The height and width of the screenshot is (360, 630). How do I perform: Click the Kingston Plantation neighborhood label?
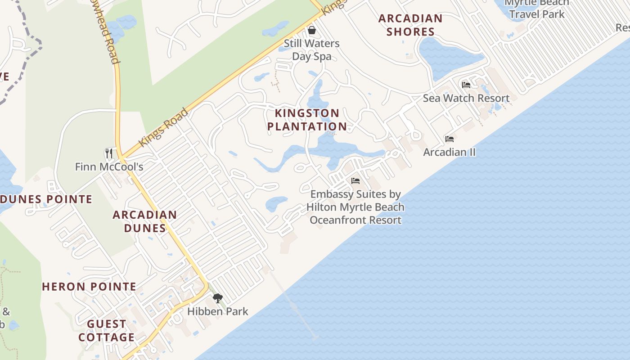click(307, 120)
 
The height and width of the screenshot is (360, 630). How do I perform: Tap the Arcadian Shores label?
click(410, 25)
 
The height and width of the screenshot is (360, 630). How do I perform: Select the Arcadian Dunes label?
click(144, 221)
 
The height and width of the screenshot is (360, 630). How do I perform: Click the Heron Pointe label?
click(89, 287)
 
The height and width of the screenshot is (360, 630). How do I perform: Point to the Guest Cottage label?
click(107, 331)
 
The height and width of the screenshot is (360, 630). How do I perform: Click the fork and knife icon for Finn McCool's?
click(108, 153)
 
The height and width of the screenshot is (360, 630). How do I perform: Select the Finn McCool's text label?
click(109, 167)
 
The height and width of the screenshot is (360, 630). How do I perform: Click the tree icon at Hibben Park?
click(218, 298)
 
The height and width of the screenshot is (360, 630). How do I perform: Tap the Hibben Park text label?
click(218, 311)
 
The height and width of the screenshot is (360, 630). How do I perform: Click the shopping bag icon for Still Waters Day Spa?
click(311, 30)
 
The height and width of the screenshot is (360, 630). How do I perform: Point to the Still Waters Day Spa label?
click(311, 50)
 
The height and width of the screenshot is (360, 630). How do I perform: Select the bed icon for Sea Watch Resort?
click(466, 85)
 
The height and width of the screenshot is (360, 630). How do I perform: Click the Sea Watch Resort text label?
click(466, 98)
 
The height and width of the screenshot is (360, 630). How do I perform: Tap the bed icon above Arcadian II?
click(449, 139)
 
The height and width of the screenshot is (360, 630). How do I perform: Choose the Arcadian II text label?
click(449, 152)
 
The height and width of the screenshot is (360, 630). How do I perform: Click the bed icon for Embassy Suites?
click(355, 181)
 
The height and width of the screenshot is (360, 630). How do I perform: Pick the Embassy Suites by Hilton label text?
click(355, 207)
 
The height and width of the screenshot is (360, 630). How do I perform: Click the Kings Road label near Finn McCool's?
click(163, 127)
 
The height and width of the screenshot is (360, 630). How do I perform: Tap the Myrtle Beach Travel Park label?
click(537, 9)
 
